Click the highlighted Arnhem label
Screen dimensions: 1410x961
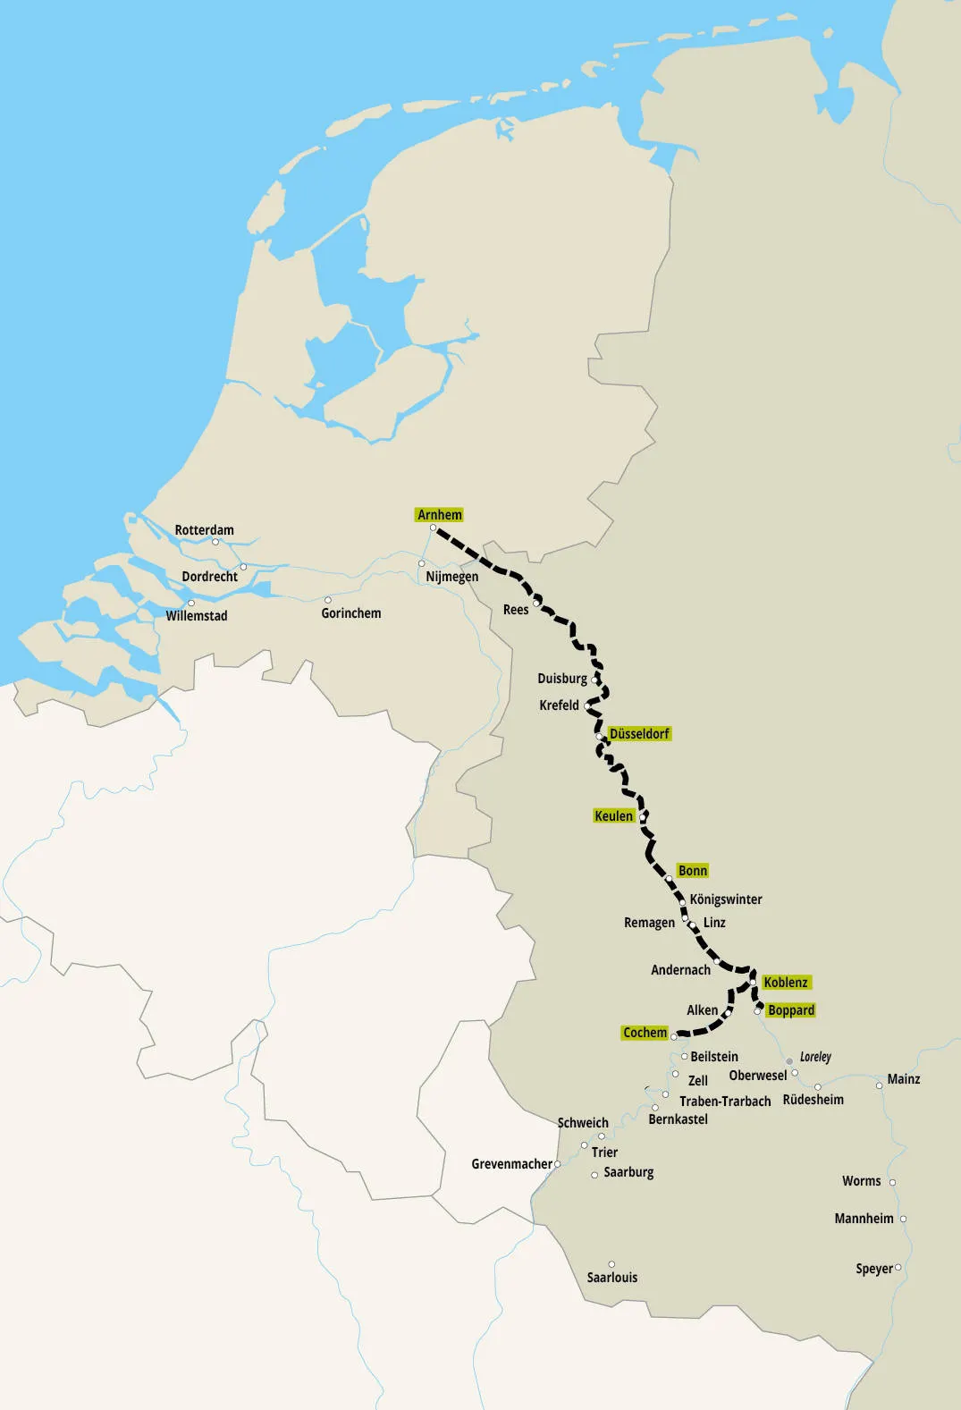(x=440, y=515)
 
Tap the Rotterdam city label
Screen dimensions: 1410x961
(x=204, y=530)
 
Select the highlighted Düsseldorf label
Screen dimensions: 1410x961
(x=639, y=734)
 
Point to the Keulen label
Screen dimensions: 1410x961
(x=613, y=816)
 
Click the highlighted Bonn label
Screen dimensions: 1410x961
(x=692, y=871)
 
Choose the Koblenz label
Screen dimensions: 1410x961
(x=786, y=983)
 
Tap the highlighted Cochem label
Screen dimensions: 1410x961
(x=645, y=1033)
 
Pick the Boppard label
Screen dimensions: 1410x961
(x=791, y=1010)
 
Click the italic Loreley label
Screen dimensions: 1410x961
(x=815, y=1057)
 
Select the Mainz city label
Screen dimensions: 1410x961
(x=903, y=1079)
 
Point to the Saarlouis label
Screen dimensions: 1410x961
(x=612, y=1278)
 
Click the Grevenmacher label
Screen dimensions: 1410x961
(x=511, y=1164)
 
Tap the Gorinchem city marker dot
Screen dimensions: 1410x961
(x=328, y=600)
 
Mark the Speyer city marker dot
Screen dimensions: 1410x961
(x=898, y=1268)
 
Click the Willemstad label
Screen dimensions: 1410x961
(x=197, y=616)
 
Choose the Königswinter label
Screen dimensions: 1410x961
(x=726, y=899)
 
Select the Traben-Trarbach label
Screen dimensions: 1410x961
(x=725, y=1102)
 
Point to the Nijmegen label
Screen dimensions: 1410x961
(x=451, y=577)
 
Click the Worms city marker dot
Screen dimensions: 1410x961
(x=892, y=1182)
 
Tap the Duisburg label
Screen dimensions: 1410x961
(x=562, y=679)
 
